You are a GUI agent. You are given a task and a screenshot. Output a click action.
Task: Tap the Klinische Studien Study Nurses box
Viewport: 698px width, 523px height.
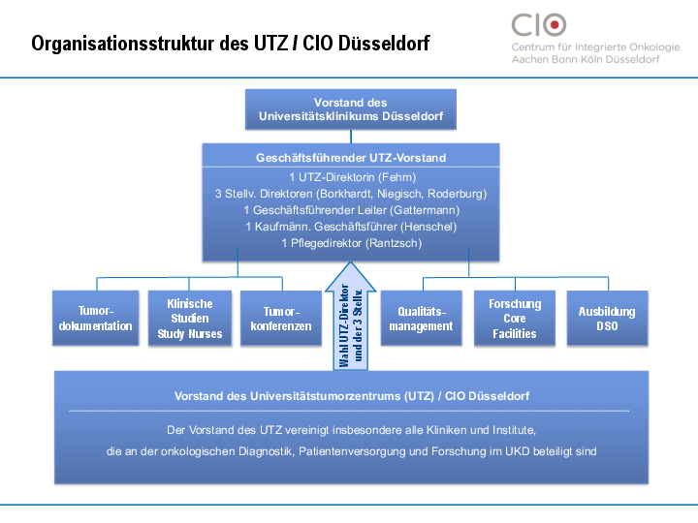(190, 319)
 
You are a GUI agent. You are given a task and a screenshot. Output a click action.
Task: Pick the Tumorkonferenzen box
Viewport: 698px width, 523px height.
(280, 319)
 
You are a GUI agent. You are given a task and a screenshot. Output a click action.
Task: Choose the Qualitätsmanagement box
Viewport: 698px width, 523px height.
(422, 319)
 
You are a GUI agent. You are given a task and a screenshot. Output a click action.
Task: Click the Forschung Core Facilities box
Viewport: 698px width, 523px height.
(515, 319)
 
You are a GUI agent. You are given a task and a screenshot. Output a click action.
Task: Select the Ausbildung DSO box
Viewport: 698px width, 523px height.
(606, 319)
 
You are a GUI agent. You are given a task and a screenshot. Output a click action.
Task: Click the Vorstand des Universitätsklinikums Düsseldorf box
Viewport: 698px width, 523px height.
(351, 109)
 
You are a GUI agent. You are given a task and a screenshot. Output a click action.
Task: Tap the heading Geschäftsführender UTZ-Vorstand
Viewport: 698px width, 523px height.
(351, 157)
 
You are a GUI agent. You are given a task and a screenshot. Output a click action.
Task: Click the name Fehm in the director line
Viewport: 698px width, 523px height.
(396, 177)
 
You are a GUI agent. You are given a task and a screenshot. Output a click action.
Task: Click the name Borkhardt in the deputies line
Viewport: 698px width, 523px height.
(361, 194)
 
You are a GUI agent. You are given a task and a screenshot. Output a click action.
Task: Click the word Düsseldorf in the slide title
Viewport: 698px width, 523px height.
(383, 44)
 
